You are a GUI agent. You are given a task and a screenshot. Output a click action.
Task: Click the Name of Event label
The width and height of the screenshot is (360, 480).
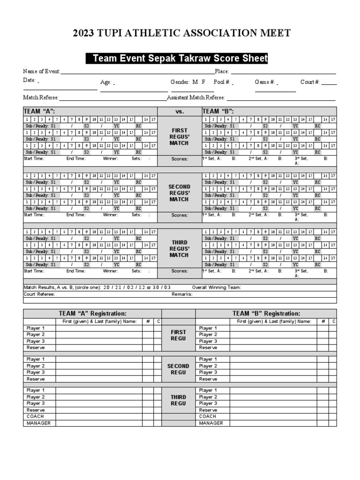tap(42, 71)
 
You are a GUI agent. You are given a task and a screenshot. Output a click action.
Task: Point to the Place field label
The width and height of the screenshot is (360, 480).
tap(222, 71)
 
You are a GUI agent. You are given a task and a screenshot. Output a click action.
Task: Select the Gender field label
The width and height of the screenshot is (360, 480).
tap(180, 82)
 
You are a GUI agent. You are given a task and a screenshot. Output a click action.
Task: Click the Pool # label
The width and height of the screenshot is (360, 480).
tap(222, 82)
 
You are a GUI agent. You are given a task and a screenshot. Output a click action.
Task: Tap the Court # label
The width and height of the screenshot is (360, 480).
tap(310, 82)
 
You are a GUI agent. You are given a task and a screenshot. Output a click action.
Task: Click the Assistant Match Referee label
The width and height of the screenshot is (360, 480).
tap(196, 97)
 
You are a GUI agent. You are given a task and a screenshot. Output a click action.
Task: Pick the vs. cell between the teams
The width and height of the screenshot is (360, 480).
tap(180, 112)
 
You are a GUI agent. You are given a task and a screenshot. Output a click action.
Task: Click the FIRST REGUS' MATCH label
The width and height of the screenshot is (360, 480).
tap(180, 136)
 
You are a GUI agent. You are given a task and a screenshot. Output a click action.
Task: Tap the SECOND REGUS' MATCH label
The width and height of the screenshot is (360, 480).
tap(180, 193)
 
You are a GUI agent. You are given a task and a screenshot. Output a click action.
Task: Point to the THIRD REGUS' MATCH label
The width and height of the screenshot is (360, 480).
tap(180, 249)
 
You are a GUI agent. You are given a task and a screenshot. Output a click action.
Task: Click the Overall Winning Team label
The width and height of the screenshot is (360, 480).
tap(217, 287)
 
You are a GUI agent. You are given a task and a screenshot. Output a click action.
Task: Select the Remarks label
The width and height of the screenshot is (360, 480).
tap(182, 294)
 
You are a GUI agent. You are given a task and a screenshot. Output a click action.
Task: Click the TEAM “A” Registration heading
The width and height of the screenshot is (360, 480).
tap(92, 314)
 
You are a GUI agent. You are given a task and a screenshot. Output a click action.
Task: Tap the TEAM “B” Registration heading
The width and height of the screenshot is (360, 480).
tap(266, 314)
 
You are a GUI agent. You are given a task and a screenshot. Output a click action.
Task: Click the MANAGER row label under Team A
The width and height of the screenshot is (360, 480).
tap(38, 423)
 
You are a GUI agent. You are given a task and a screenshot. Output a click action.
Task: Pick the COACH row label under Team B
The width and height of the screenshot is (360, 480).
tap(208, 416)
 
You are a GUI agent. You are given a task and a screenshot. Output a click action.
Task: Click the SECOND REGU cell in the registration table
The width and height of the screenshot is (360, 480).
tap(179, 369)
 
